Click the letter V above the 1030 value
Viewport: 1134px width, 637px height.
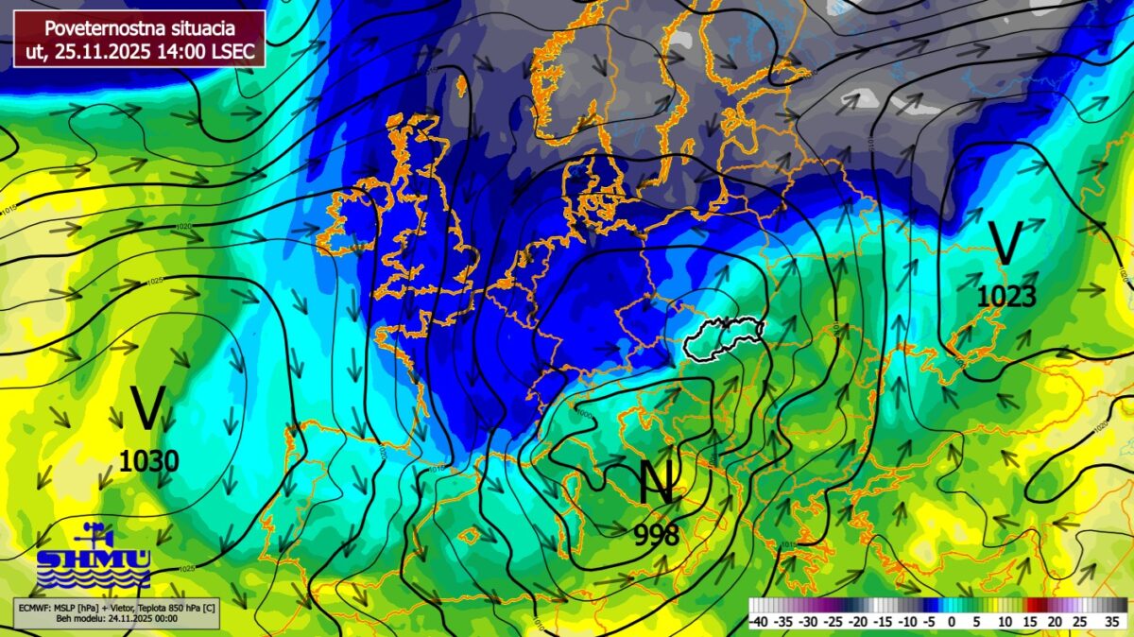coord(147,409)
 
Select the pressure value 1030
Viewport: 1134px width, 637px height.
coord(148,461)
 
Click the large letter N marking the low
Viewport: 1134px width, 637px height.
coord(657,482)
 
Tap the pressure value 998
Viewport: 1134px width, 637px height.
coord(657,535)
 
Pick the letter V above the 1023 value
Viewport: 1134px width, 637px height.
coord(1006,244)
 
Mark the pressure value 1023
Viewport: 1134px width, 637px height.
coord(1006,297)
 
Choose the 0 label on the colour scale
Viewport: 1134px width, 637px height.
coord(952,621)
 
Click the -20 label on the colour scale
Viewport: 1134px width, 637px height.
coord(857,621)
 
